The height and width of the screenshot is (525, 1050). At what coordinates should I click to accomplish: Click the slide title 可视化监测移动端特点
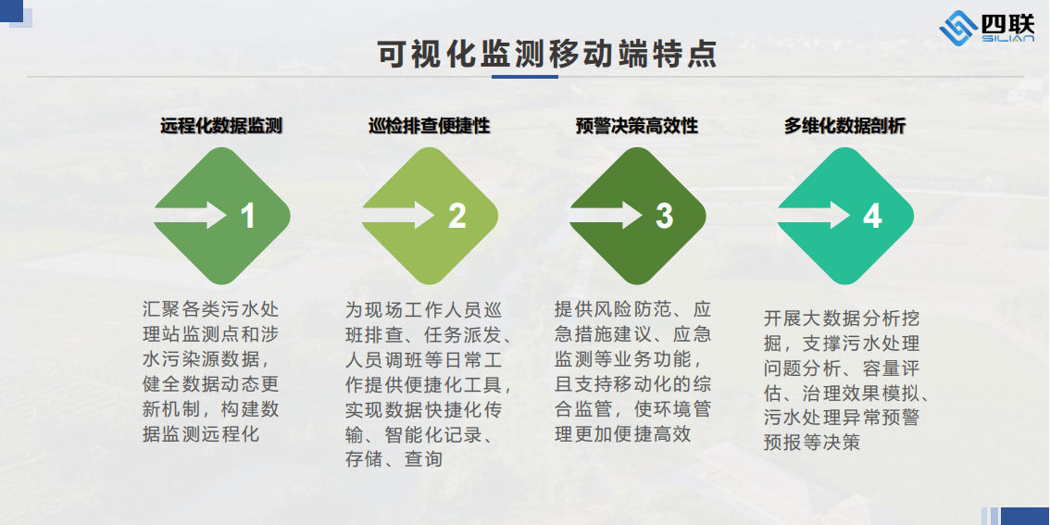tap(547, 55)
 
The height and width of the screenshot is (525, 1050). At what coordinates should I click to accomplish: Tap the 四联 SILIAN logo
tap(986, 28)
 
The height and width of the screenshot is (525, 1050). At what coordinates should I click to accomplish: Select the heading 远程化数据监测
tap(221, 125)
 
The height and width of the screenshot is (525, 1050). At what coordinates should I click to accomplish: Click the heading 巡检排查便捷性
tap(430, 125)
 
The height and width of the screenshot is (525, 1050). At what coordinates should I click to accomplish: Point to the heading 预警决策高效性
tap(637, 125)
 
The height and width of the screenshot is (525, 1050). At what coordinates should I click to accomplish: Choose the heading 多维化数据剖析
tap(845, 125)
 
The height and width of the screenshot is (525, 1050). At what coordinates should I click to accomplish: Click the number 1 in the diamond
tap(248, 217)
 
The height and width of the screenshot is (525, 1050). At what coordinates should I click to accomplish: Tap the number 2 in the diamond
tap(456, 217)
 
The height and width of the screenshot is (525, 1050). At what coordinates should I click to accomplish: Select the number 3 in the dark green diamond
tap(664, 217)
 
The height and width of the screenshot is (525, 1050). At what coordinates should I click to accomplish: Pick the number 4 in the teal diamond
tap(872, 217)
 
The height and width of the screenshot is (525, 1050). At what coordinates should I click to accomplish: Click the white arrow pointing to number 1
tap(192, 216)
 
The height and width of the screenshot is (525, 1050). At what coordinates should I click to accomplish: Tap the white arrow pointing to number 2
tap(399, 216)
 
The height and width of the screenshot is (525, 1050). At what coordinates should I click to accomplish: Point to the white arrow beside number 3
tap(606, 216)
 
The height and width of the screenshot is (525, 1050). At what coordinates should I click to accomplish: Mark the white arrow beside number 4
tap(814, 216)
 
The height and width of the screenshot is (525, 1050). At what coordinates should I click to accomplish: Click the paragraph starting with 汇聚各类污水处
tap(211, 371)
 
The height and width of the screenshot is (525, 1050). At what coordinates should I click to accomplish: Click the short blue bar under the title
tap(525, 77)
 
